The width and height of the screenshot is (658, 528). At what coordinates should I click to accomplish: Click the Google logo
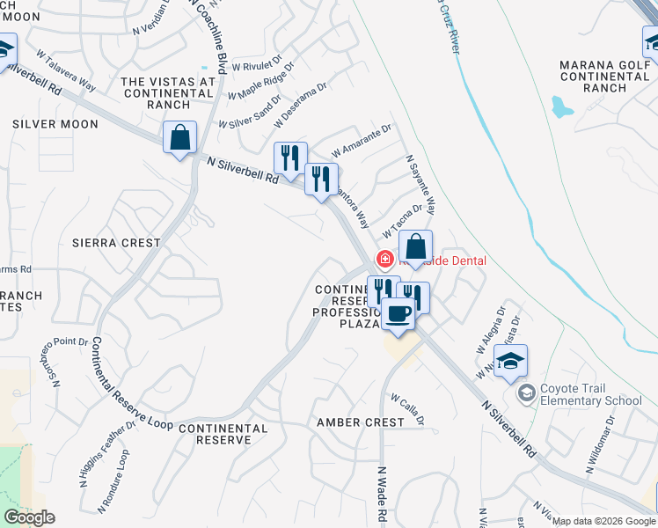tap(29, 517)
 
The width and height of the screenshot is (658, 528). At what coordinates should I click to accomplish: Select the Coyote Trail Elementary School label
tap(591, 394)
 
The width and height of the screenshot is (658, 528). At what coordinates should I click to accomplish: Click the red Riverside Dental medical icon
tap(384, 260)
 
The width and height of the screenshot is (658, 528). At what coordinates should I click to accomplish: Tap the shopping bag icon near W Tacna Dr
tap(415, 247)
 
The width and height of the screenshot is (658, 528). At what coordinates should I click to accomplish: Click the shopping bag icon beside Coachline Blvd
tap(179, 137)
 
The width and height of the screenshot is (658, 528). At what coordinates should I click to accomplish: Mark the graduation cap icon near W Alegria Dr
tap(510, 361)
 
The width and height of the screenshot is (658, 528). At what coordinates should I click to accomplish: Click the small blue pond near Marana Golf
tap(560, 107)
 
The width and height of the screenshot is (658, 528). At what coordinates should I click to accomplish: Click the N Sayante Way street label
tap(420, 185)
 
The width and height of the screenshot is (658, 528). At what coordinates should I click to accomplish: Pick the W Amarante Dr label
tap(361, 141)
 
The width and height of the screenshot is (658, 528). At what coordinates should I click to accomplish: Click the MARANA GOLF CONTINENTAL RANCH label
tap(604, 76)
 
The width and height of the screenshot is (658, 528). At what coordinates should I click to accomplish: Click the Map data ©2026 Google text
tap(603, 521)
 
